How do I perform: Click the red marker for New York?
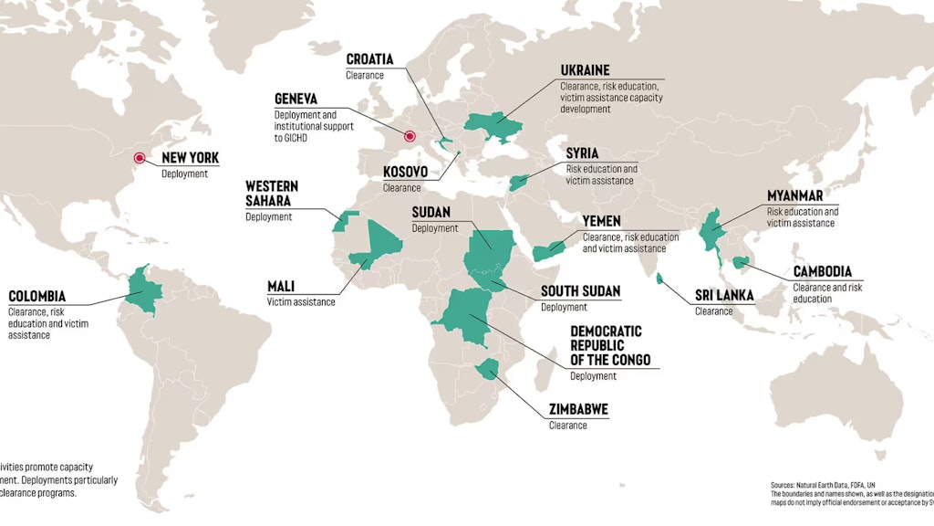coord(140,157)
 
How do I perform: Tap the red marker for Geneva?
coord(410,136)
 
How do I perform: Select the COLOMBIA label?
coord(36,296)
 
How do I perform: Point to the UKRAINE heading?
coord(585,70)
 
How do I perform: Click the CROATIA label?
coord(369,60)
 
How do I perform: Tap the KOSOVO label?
coord(406,172)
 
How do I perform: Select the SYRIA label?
coord(582,153)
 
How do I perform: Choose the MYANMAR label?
coord(795,195)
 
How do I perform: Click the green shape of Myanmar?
coord(710,233)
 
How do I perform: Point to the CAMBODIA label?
coord(822,271)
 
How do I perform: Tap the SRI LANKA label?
coord(724,295)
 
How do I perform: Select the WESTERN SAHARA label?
coord(271,193)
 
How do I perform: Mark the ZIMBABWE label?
coord(578,409)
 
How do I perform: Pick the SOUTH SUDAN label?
coord(580,291)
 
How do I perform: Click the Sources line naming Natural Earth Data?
coord(822,484)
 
